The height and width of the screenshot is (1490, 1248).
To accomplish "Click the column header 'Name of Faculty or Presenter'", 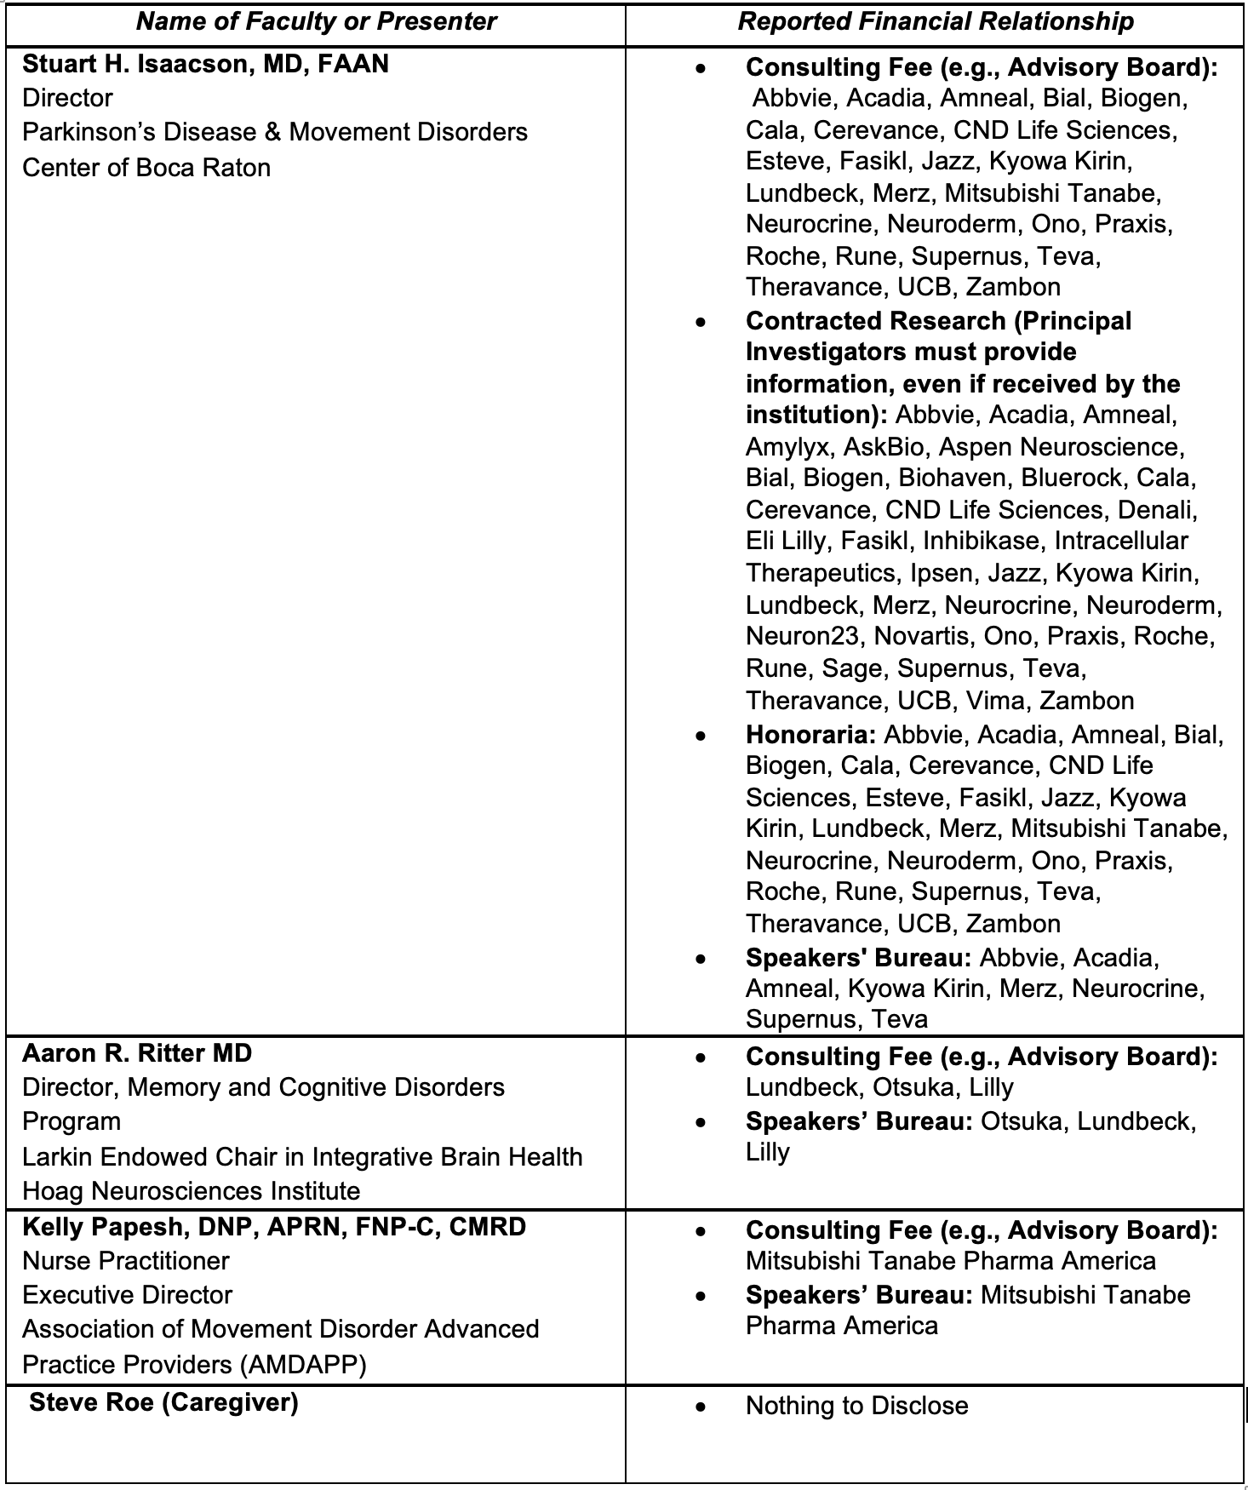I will click(x=316, y=21).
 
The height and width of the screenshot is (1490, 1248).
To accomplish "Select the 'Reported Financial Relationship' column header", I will click(x=936, y=21).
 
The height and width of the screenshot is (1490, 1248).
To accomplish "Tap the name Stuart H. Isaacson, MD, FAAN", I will click(x=205, y=64).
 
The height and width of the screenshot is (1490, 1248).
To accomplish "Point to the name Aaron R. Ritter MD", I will click(x=137, y=1053).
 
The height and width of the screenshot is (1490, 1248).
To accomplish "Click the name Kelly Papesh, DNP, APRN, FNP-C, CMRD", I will click(x=274, y=1227).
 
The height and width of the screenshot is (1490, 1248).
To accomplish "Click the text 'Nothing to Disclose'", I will click(x=856, y=1405).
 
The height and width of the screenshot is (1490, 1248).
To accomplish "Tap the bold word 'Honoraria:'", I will click(x=810, y=734).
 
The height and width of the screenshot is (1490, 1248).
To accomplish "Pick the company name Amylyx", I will click(x=787, y=447).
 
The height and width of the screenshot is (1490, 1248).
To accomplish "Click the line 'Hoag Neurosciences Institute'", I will click(x=191, y=1190).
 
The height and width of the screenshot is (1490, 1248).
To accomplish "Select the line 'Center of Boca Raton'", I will click(x=146, y=168).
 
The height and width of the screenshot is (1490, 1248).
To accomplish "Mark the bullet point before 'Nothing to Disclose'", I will click(x=700, y=1407).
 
